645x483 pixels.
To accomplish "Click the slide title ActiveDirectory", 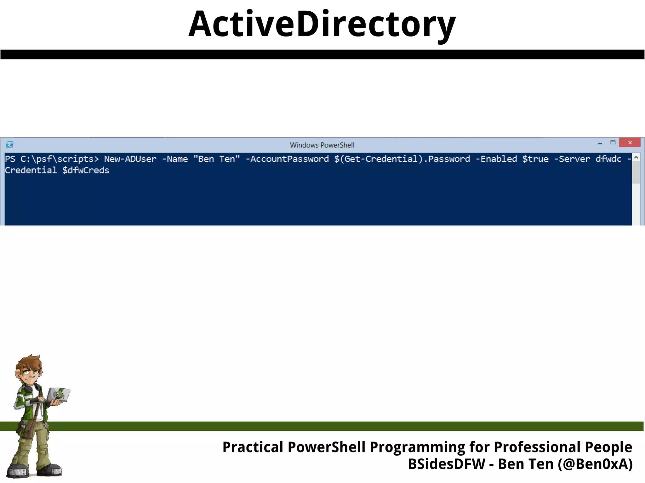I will pyautogui.click(x=322, y=25).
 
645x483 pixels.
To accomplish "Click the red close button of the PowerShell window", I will pyautogui.click(x=630, y=143).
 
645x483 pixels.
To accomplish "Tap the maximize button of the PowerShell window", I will pyautogui.click(x=613, y=143).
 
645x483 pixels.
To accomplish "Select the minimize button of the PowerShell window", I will pyautogui.click(x=600, y=143).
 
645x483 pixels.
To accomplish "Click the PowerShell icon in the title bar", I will pyautogui.click(x=9, y=145).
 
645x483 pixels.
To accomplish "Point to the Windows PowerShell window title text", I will pyautogui.click(x=322, y=145).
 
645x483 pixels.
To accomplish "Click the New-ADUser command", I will pyautogui.click(x=130, y=159).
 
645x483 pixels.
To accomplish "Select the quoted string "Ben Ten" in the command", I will pyautogui.click(x=216, y=159).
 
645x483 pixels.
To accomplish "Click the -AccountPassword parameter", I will pyautogui.click(x=287, y=159).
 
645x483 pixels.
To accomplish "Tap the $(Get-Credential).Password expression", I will pyautogui.click(x=402, y=159).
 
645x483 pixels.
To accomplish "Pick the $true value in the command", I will pyautogui.click(x=535, y=159).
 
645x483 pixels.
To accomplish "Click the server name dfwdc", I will pyautogui.click(x=608, y=159).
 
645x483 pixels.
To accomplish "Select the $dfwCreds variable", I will pyautogui.click(x=86, y=170).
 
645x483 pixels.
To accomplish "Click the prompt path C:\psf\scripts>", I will pyautogui.click(x=60, y=159).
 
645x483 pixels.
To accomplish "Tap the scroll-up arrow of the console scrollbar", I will pyautogui.click(x=636, y=157).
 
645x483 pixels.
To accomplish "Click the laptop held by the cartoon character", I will pyautogui.click(x=58, y=395).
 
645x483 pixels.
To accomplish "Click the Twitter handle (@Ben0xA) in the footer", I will pyautogui.click(x=595, y=464).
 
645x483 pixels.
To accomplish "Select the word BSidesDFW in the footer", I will pyautogui.click(x=447, y=464).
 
